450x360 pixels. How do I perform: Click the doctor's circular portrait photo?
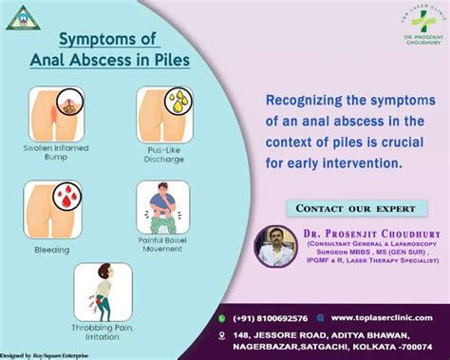click(276, 244)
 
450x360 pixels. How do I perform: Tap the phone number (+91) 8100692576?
click(269, 317)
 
